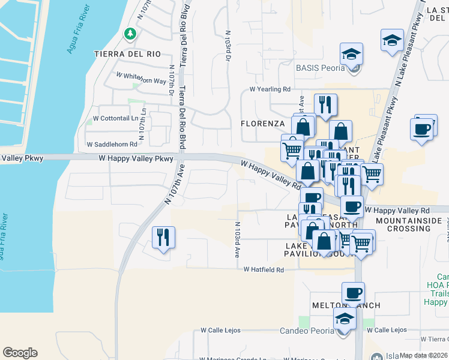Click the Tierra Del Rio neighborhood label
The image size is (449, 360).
[127, 53]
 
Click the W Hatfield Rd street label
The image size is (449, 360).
[264, 270]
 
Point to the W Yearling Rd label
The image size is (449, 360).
[270, 89]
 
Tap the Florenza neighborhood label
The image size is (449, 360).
[262, 124]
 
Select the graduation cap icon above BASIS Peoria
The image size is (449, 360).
[350, 53]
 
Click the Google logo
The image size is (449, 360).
[20, 353]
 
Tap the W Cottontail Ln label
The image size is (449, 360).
[113, 118]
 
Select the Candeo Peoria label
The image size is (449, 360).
[308, 331]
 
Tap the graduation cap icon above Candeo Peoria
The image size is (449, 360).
[345, 318]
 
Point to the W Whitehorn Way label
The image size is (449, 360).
[141, 79]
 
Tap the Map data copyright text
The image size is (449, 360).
[424, 355]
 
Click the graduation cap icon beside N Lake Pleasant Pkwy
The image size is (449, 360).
[392, 40]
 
